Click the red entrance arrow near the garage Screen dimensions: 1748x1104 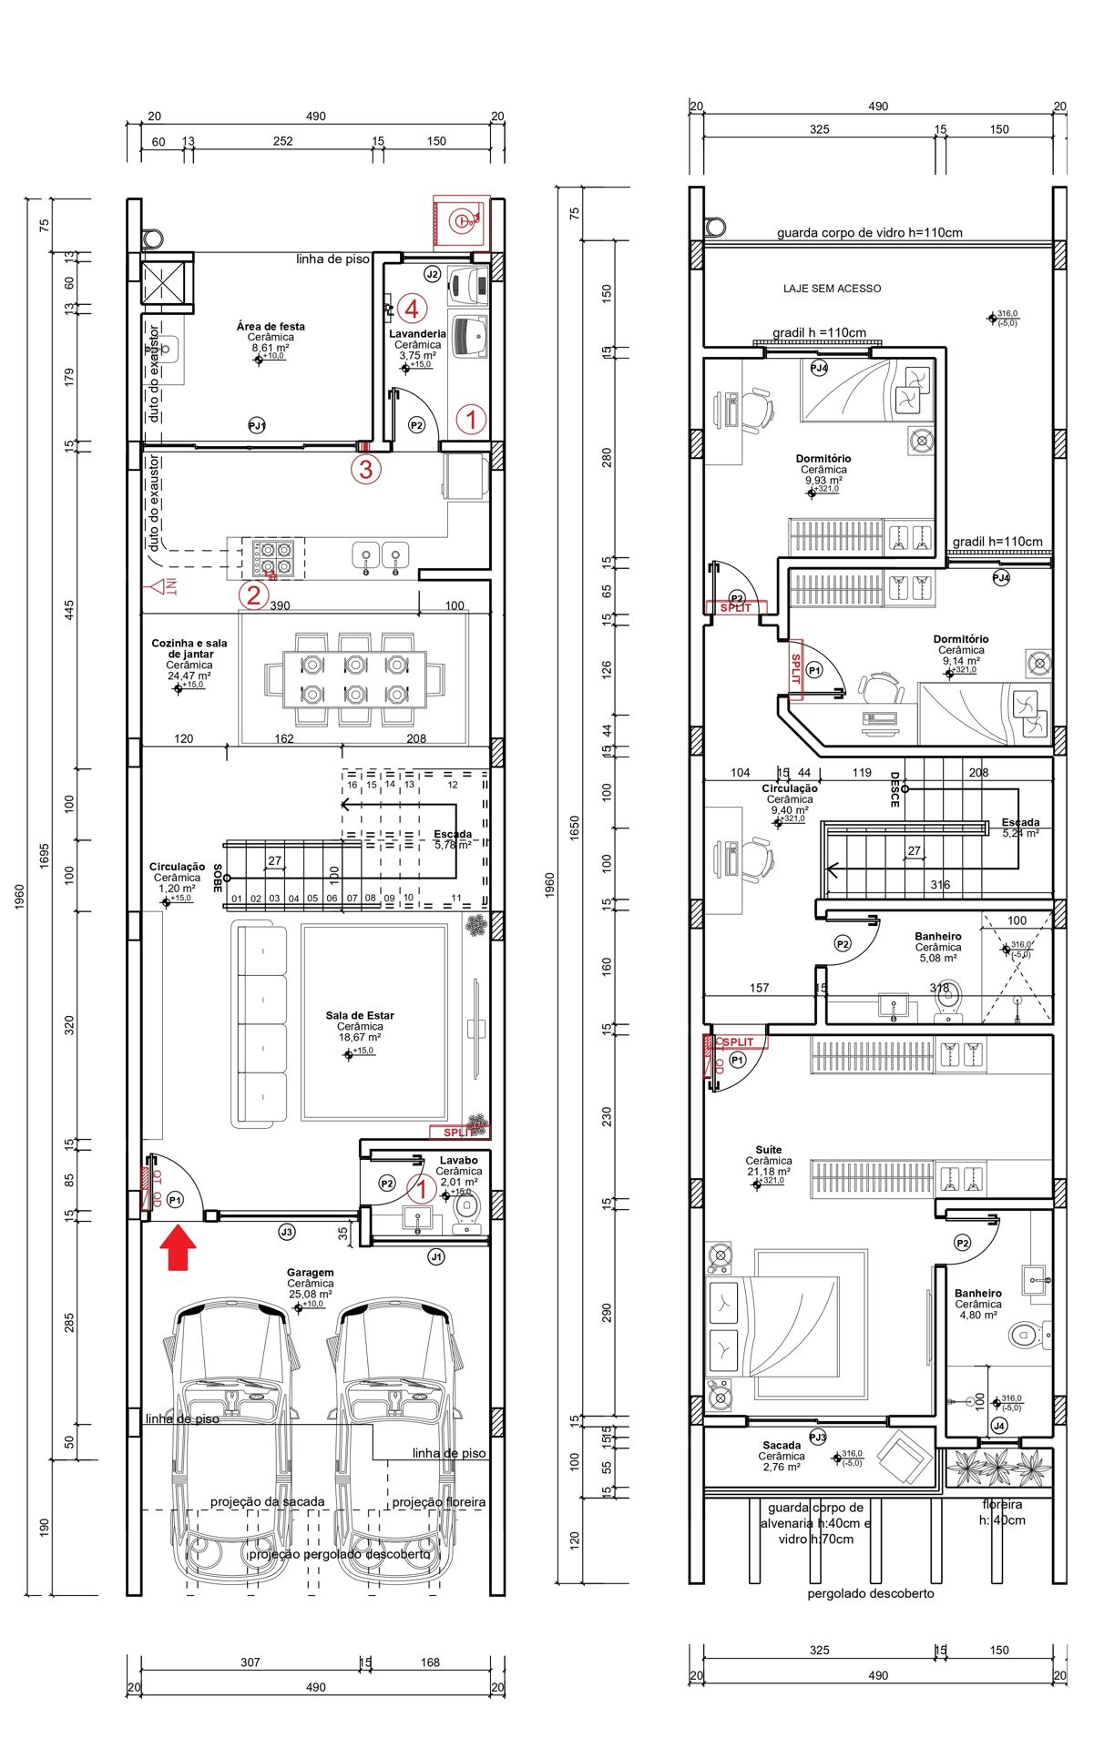coord(179,1247)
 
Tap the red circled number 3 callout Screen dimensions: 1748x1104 coord(366,470)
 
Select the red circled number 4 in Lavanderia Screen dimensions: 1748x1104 coord(412,309)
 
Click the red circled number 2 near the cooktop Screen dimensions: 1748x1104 coord(253,595)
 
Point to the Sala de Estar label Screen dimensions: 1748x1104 coord(360,1015)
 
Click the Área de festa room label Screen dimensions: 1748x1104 coord(271,326)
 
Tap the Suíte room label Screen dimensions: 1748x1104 coord(768,1150)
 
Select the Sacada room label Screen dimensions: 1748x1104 coord(782,1445)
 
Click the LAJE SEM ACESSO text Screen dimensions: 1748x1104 coord(832,289)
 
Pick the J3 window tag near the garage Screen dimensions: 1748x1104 coord(287,1232)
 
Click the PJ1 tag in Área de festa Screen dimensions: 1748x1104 coord(257,425)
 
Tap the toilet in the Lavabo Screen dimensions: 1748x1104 coord(466,1209)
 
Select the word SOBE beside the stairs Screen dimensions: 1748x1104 coord(218,878)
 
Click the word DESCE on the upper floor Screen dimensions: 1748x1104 coord(894,789)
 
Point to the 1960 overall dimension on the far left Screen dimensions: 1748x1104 coord(20,896)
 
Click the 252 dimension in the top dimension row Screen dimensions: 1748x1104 coord(282,141)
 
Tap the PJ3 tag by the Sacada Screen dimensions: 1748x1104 coord(817,1437)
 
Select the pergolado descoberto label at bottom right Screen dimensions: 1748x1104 coord(870,1593)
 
